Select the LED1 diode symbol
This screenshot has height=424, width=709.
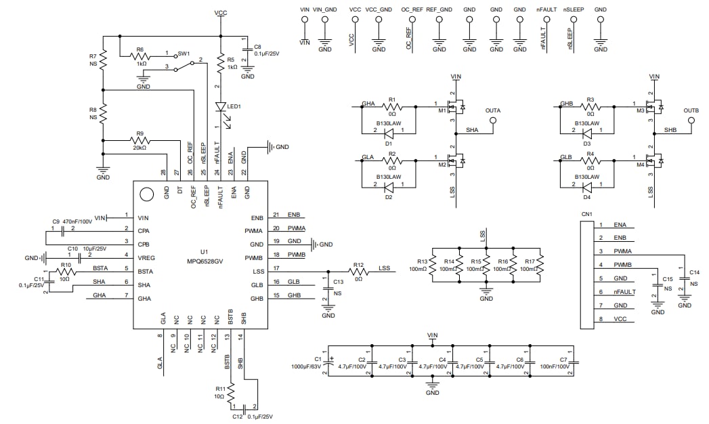click(x=221, y=107)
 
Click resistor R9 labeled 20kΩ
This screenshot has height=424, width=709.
click(x=140, y=140)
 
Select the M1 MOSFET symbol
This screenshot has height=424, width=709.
click(x=455, y=106)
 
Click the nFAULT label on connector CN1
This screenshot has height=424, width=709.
click(x=625, y=292)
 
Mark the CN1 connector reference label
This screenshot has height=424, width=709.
click(x=586, y=215)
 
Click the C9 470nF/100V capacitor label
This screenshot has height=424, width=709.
click(x=72, y=221)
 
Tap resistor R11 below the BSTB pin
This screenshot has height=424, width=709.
click(x=231, y=392)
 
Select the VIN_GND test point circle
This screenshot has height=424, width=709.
click(x=325, y=20)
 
